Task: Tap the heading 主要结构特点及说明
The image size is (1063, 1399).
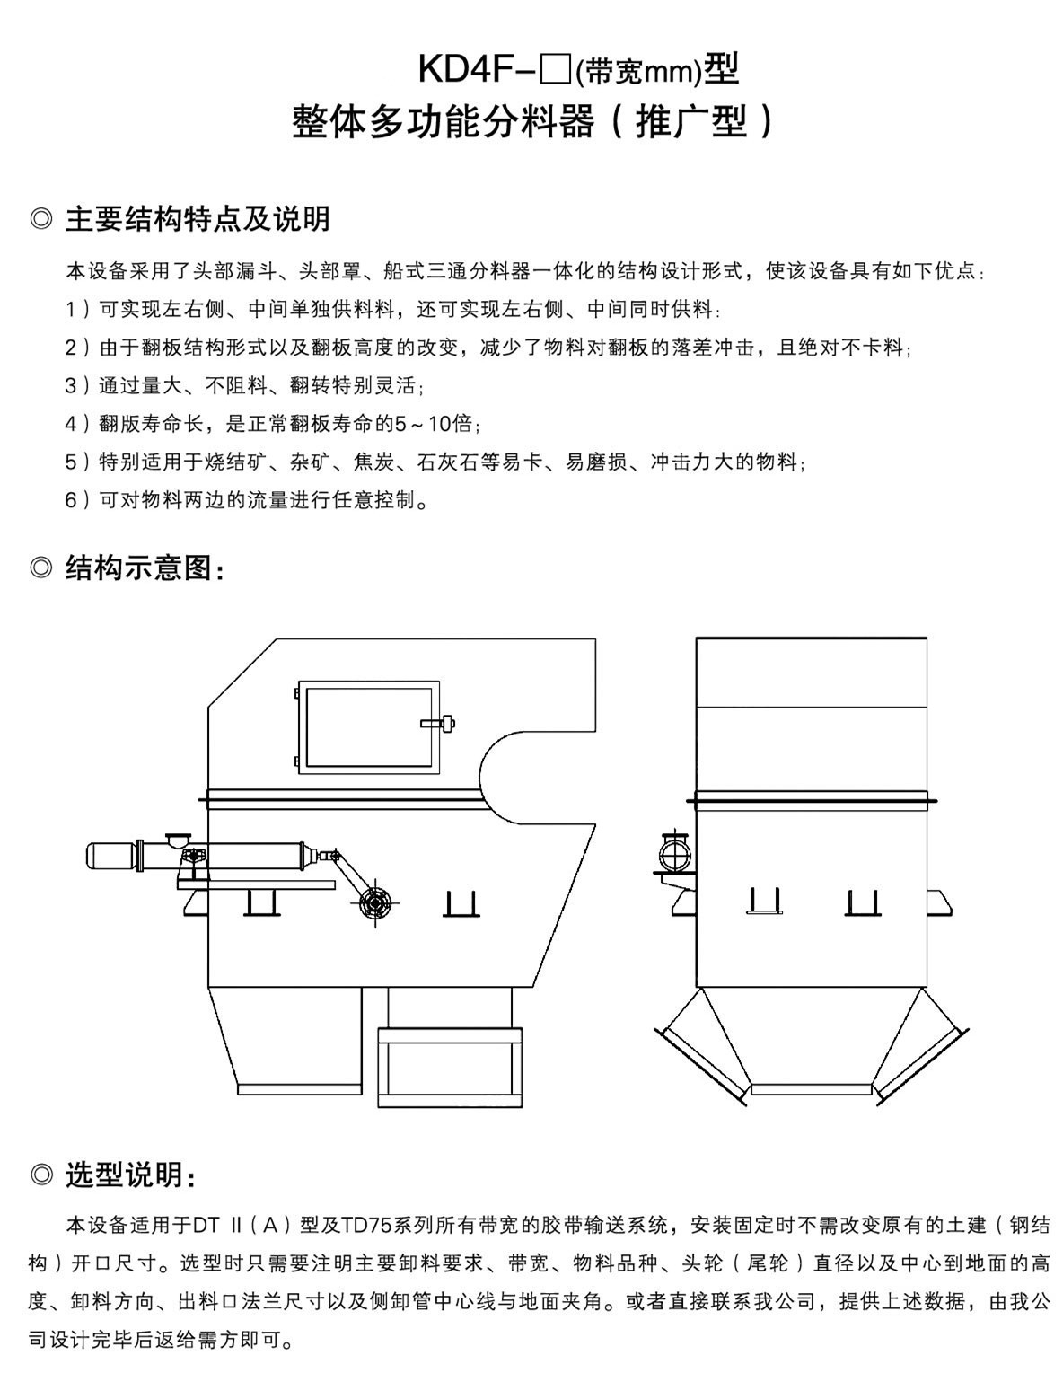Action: point(198,218)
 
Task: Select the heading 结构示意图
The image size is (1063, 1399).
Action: point(144,568)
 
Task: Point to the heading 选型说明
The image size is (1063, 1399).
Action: point(130,1174)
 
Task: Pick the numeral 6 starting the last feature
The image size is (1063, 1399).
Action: point(71,500)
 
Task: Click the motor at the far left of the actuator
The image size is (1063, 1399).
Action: point(110,856)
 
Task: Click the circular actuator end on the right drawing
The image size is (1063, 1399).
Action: point(672,849)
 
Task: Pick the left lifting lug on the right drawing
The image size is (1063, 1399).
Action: point(763,901)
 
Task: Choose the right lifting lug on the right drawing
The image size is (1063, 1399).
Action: point(861,902)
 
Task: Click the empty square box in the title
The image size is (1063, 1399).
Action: point(557,70)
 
